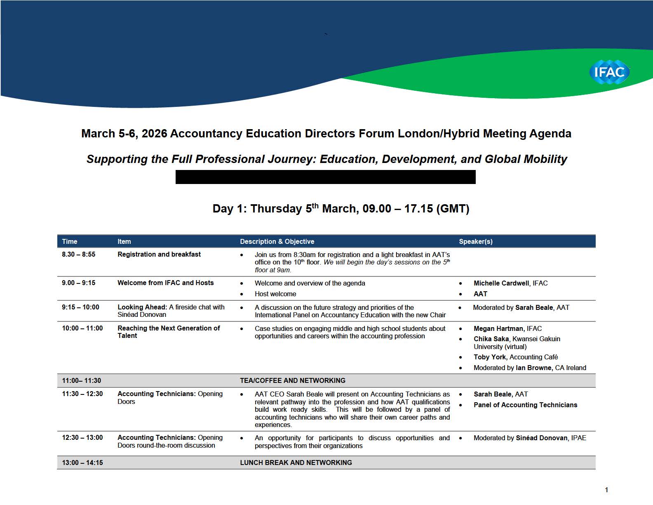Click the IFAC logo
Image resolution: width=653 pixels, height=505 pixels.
[x=609, y=72]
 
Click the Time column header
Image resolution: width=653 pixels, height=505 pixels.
[x=70, y=241]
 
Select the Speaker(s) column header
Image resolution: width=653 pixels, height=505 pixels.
[x=476, y=241]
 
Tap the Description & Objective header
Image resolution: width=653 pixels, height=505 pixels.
[x=277, y=241]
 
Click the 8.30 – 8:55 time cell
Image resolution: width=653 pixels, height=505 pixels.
[x=78, y=254]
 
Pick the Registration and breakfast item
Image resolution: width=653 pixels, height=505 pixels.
[x=159, y=254]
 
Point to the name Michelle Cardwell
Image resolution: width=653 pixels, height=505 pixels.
[x=501, y=283]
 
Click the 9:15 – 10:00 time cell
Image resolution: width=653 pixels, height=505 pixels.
[x=80, y=307]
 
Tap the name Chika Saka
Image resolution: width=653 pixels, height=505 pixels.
[x=491, y=339]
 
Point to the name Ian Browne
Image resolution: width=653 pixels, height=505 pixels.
[x=533, y=368]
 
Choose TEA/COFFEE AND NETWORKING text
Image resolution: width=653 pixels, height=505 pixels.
[x=293, y=380]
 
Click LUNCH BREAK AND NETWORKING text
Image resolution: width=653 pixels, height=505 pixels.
[x=296, y=463]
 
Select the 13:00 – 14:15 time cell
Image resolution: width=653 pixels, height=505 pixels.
[x=82, y=463]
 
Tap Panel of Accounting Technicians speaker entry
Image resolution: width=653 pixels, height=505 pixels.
[x=525, y=405]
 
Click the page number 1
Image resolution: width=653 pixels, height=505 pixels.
[x=606, y=490]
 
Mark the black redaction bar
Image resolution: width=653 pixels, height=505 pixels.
[x=325, y=177]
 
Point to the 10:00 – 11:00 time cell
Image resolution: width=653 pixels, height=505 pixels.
[x=82, y=328]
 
